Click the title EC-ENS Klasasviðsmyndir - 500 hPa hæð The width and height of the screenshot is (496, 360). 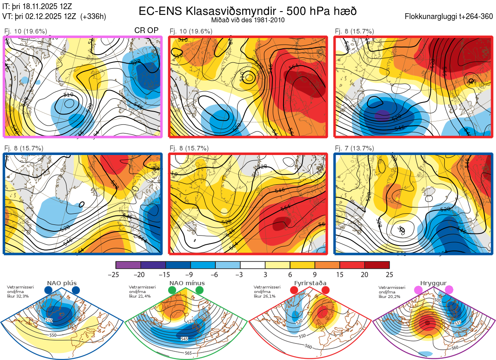[x=248, y=11]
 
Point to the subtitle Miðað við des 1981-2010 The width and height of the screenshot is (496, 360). [x=248, y=20]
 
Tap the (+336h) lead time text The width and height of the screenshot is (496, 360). [x=93, y=17]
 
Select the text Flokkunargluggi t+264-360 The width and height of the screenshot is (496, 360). [x=450, y=17]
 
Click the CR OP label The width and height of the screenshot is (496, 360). [x=147, y=31]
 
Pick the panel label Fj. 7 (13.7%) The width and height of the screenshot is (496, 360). [x=354, y=148]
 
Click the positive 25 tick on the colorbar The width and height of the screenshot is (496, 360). [x=389, y=274]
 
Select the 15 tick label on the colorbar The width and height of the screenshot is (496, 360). [x=339, y=274]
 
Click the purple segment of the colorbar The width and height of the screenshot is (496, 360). [x=128, y=265]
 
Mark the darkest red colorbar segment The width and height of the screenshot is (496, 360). [x=377, y=265]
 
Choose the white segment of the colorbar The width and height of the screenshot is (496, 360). [x=253, y=265]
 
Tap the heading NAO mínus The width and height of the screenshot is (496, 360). [x=187, y=283]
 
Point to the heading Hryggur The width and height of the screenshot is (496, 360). [x=433, y=283]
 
